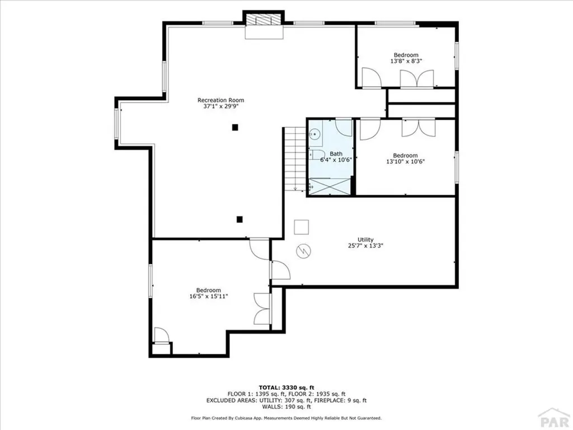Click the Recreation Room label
tap(220, 100)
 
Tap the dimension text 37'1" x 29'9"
tap(220, 106)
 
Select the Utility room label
tap(366, 240)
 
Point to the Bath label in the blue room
tap(336, 154)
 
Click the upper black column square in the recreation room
tap(236, 127)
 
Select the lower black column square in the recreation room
tap(239, 219)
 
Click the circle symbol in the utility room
tap(303, 250)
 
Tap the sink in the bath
tap(315, 134)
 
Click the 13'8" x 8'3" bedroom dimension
tap(405, 61)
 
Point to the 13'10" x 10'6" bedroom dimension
tap(405, 161)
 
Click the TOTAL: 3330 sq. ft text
tap(286, 387)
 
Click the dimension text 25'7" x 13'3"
tap(366, 245)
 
